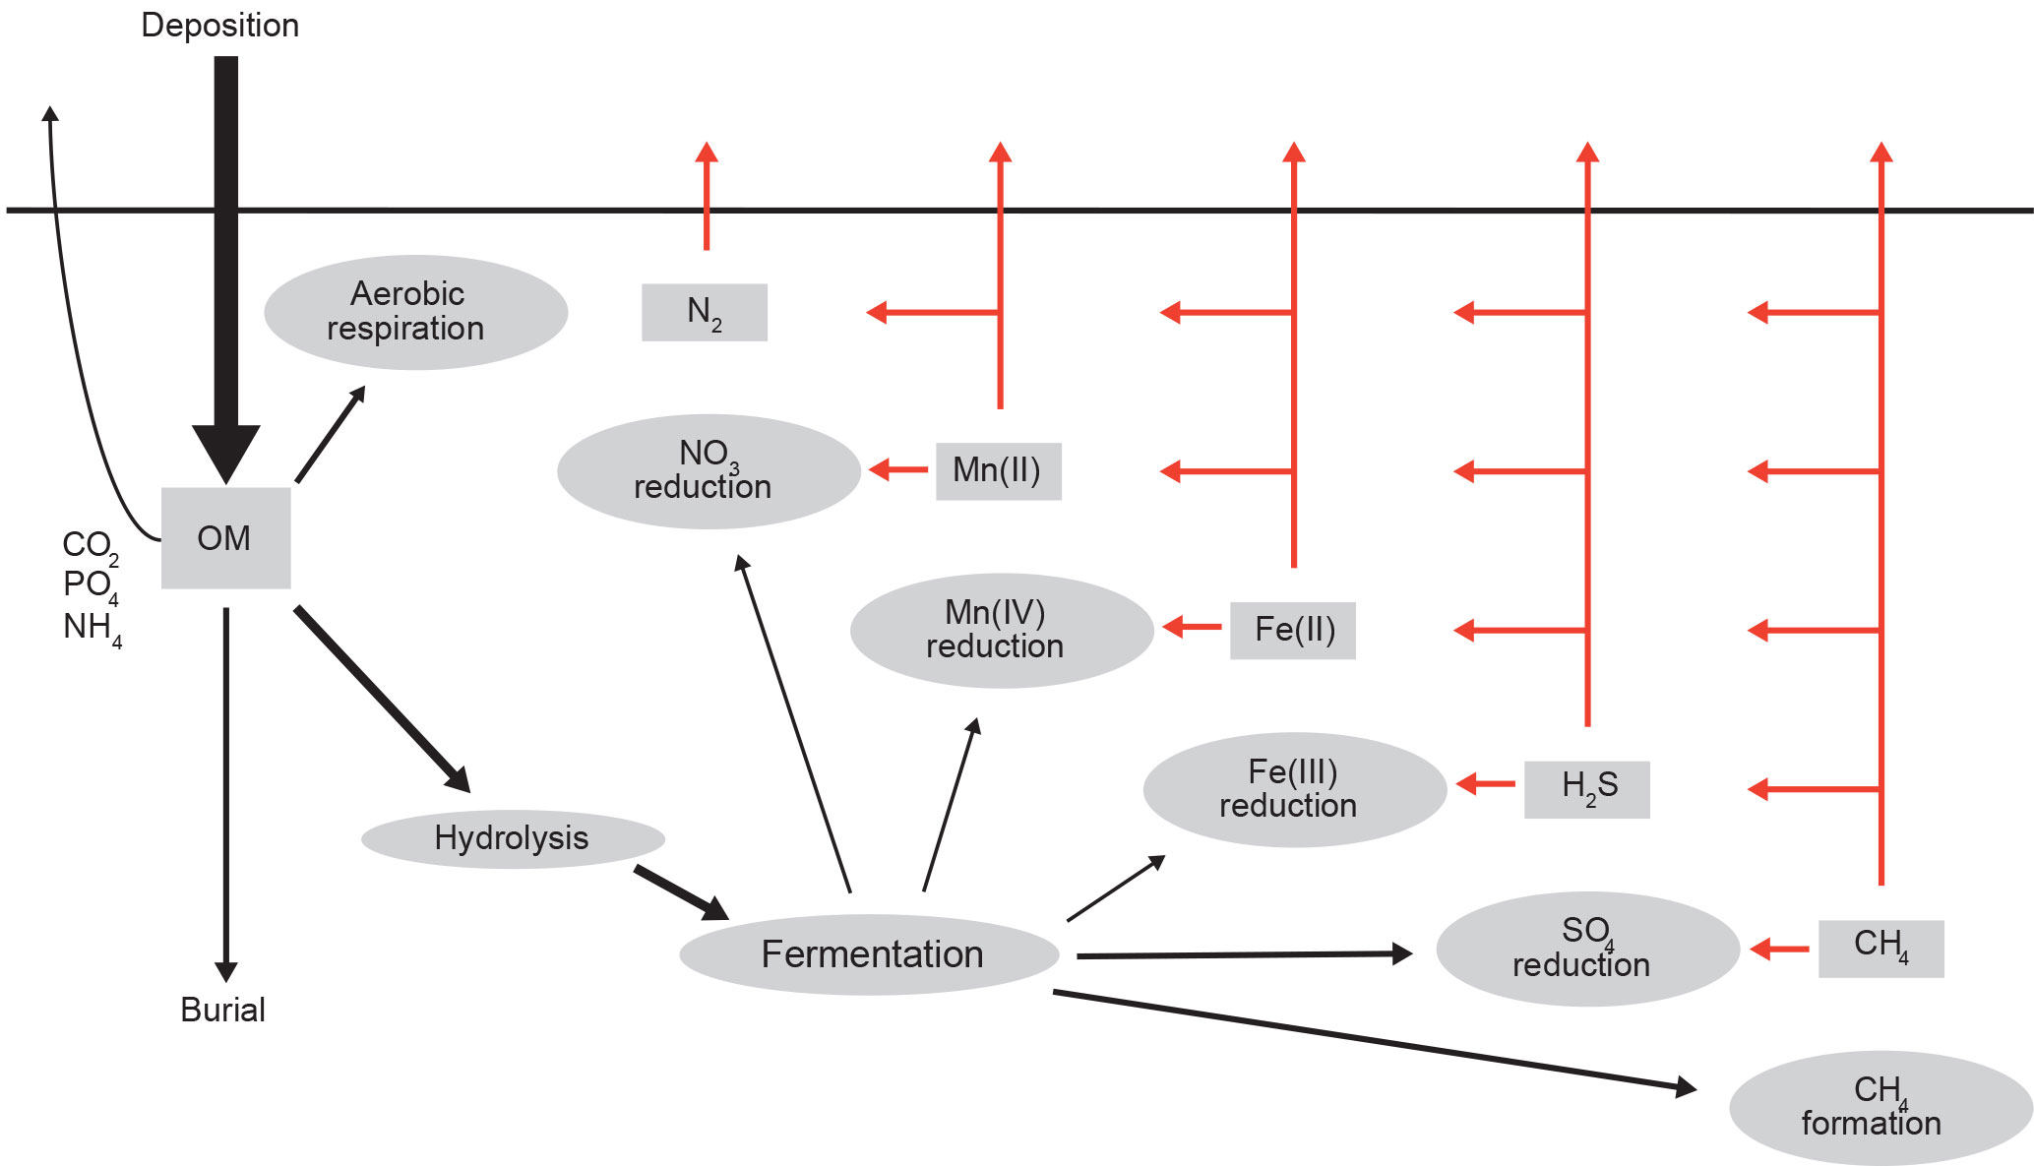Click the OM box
[225, 538]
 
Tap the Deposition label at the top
[219, 26]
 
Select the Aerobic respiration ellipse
[415, 312]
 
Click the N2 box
[704, 313]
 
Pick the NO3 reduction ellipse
[709, 471]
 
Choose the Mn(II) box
[998, 471]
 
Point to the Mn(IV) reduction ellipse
[1001, 631]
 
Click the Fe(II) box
[1293, 631]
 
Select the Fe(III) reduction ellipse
[1294, 789]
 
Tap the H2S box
[1586, 789]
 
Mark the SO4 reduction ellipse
[1587, 949]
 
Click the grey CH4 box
[1880, 949]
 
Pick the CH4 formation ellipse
[1880, 1108]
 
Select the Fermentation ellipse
[870, 954]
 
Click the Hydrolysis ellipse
[513, 838]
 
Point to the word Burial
[223, 1010]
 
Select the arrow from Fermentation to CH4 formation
[1378, 1040]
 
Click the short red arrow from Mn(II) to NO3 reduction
[899, 469]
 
